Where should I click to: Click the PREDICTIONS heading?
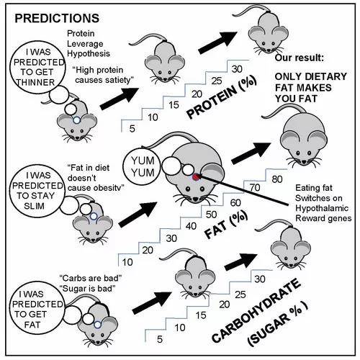pyautogui.click(x=57, y=19)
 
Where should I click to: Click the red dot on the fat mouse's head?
pyautogui.click(x=197, y=177)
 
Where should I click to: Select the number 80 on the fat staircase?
pyautogui.click(x=277, y=179)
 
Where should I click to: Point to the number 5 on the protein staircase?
pyautogui.click(x=132, y=129)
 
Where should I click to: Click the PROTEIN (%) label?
pyautogui.click(x=222, y=98)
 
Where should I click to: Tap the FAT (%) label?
pyautogui.click(x=225, y=225)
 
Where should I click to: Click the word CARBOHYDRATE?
pyautogui.click(x=256, y=310)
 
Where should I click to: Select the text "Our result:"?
pyautogui.click(x=300, y=58)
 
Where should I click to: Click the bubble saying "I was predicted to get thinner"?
pyautogui.click(x=37, y=68)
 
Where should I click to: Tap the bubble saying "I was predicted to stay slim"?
pyautogui.click(x=37, y=191)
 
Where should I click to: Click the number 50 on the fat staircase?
pyautogui.click(x=211, y=215)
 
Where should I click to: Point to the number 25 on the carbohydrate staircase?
pyautogui.click(x=240, y=294)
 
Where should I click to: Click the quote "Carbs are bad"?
pyautogui.click(x=91, y=278)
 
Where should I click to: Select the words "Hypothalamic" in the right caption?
pyautogui.click(x=322, y=208)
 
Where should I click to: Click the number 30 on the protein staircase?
pyautogui.click(x=237, y=69)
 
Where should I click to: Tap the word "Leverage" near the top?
pyautogui.click(x=85, y=44)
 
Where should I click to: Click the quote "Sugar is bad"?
pyautogui.click(x=89, y=288)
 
